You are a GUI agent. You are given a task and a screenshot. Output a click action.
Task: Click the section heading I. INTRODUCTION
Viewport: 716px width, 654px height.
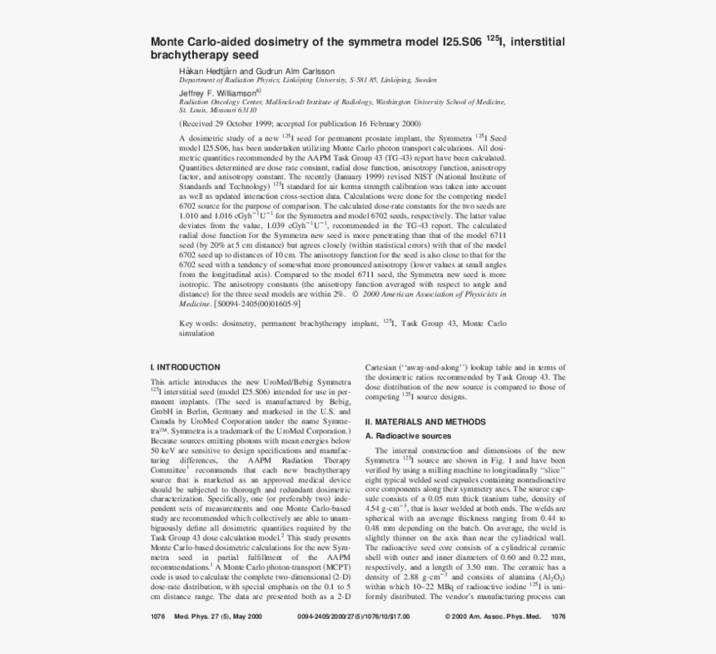pyautogui.click(x=185, y=367)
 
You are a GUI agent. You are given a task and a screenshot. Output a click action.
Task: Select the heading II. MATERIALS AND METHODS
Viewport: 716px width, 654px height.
pyautogui.click(x=425, y=422)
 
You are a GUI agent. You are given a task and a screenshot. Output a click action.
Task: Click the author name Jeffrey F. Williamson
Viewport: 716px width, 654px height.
pyautogui.click(x=218, y=94)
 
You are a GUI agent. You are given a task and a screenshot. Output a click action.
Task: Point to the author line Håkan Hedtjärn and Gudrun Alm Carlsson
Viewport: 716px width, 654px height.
pyautogui.click(x=256, y=72)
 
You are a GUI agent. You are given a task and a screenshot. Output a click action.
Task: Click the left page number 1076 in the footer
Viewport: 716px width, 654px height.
pyautogui.click(x=157, y=617)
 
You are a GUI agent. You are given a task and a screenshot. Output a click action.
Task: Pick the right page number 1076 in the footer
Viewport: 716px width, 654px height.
pyautogui.click(x=558, y=617)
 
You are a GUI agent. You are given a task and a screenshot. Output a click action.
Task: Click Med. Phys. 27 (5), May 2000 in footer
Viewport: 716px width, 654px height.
pyautogui.click(x=217, y=617)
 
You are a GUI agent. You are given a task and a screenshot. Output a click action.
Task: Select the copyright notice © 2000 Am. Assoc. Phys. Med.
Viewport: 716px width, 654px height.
pyautogui.click(x=492, y=617)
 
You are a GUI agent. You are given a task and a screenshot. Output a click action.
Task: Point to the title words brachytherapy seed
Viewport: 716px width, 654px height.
pyautogui.click(x=204, y=55)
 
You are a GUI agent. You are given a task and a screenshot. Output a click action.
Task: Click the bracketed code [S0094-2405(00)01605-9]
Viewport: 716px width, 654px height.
pyautogui.click(x=257, y=303)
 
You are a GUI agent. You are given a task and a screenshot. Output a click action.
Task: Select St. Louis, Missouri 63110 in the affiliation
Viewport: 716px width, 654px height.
pyautogui.click(x=218, y=109)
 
